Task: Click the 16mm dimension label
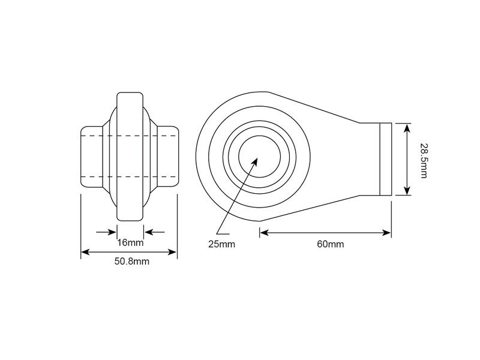click(x=130, y=243)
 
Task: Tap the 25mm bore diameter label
click(x=221, y=244)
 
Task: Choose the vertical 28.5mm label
click(x=423, y=160)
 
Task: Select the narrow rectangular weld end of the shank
click(x=385, y=158)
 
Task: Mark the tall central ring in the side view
click(x=130, y=157)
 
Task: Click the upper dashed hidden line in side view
click(x=130, y=137)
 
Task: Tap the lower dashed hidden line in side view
click(x=130, y=176)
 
